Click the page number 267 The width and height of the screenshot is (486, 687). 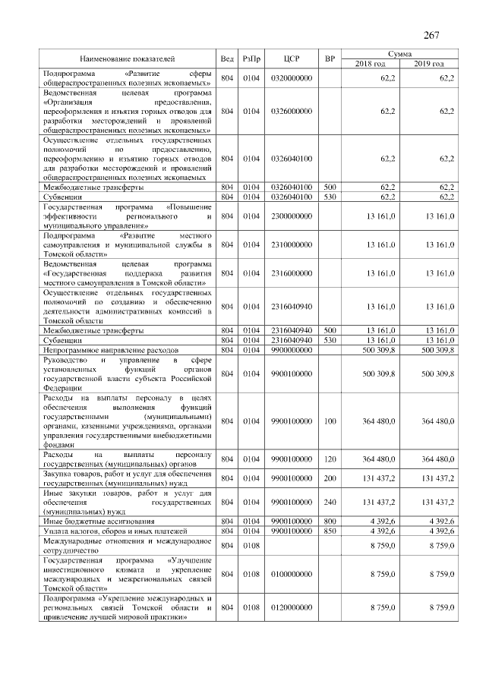(x=431, y=35)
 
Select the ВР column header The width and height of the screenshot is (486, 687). (x=329, y=58)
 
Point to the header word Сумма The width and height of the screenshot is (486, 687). (x=400, y=54)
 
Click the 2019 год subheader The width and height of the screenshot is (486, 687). (x=430, y=63)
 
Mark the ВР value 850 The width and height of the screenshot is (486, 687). (x=329, y=531)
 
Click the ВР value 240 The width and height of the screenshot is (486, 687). (x=329, y=502)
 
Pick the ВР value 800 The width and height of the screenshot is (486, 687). (x=329, y=522)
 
